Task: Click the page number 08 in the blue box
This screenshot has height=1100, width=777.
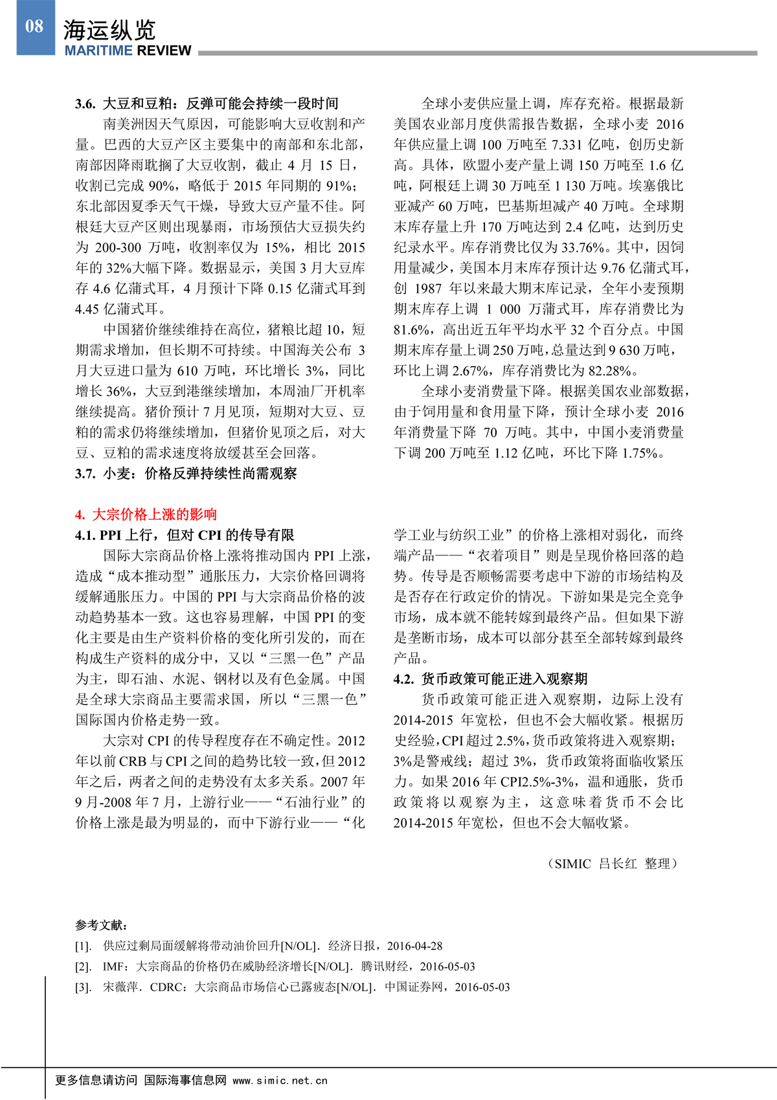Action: (34, 27)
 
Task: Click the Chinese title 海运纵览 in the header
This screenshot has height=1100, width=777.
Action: (109, 30)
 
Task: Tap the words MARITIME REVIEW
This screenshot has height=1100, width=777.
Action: (128, 51)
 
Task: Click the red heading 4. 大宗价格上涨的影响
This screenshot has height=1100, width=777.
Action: (146, 515)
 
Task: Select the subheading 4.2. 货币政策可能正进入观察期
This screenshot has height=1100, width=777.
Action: (490, 679)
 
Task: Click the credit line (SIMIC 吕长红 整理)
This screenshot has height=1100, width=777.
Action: (613, 864)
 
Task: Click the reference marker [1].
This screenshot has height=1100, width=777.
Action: (84, 946)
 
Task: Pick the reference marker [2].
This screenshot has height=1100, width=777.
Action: (84, 967)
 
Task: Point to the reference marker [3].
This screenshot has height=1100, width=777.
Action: (84, 987)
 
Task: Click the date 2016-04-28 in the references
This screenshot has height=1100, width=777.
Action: (415, 946)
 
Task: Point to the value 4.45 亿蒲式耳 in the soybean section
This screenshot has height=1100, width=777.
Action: (120, 309)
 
